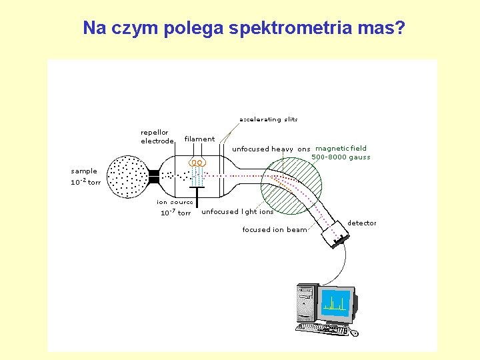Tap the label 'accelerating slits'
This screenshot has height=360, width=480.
pos(268,120)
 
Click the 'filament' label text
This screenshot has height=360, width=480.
pos(199,139)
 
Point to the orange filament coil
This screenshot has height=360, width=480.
pos(197,162)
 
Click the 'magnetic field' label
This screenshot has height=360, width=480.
pos(341,149)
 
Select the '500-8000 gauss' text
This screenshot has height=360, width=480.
pos(341,158)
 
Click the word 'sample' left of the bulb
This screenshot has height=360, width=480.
pos(84,171)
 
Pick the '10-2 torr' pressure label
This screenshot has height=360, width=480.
pos(86,182)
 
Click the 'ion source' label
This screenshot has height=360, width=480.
pos(175,202)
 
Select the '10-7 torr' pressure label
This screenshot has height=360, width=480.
pos(175,213)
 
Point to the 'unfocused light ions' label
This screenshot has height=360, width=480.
pos(237,212)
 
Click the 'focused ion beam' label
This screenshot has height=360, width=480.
pos(275,230)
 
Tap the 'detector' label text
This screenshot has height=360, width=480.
pos(362,223)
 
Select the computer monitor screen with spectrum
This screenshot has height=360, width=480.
pos(336,303)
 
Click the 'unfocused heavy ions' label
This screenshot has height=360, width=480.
pos(271,149)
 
